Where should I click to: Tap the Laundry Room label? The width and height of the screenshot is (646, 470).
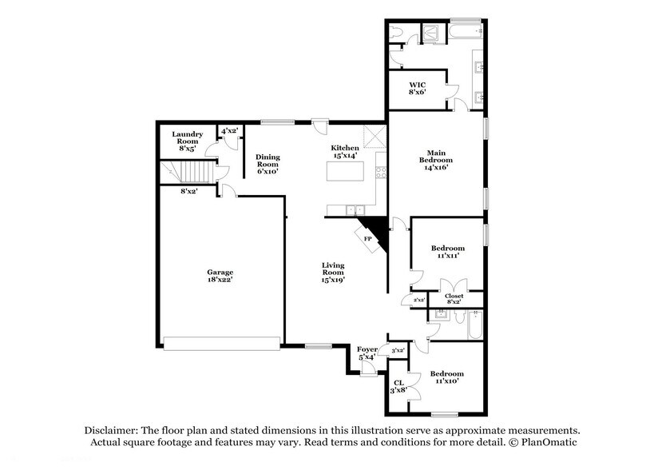click(x=188, y=141)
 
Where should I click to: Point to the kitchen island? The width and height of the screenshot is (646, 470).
click(x=352, y=171)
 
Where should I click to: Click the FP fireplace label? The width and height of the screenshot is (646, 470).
click(x=368, y=238)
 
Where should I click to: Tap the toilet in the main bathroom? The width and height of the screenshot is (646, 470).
click(x=397, y=34)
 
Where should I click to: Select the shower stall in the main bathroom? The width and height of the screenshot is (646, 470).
click(x=432, y=33)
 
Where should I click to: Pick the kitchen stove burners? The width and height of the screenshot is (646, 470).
click(x=381, y=171)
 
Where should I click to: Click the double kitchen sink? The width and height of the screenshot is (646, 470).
click(x=353, y=210)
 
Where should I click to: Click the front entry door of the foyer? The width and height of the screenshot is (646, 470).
click(x=367, y=368)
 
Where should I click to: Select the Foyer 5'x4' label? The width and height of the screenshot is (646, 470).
click(x=367, y=352)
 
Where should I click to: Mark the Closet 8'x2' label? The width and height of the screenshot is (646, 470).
click(x=454, y=299)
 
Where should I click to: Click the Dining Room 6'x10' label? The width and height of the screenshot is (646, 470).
click(x=267, y=164)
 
